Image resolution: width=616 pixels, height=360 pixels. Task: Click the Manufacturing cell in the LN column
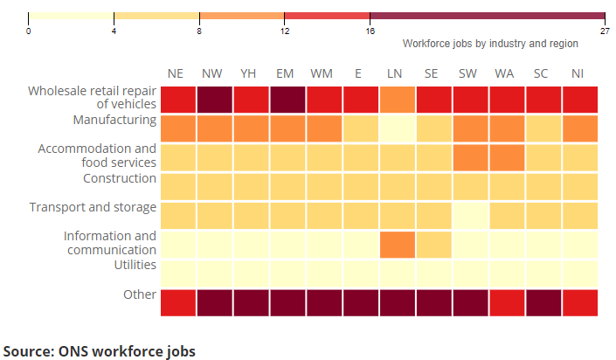pos(395,128)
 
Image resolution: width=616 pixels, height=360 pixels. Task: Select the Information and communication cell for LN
pos(395,244)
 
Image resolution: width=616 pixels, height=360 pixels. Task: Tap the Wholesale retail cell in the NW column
pos(212,99)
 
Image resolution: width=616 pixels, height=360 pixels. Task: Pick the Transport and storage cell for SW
pos(467,215)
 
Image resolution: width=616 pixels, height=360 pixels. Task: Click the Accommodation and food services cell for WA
pos(504,157)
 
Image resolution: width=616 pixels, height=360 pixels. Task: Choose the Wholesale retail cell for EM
pos(286,99)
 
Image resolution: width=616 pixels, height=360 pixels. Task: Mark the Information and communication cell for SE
pos(432,244)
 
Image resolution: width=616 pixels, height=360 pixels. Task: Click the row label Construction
pos(120,178)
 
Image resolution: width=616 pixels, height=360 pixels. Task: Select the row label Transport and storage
pos(93,207)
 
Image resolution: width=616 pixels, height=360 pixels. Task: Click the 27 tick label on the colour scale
pos(605,31)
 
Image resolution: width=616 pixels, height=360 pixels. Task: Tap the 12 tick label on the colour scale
pos(284,31)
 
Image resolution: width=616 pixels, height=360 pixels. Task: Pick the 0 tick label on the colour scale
pos(29,31)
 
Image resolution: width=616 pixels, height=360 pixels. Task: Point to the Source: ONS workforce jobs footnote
pos(100,350)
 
